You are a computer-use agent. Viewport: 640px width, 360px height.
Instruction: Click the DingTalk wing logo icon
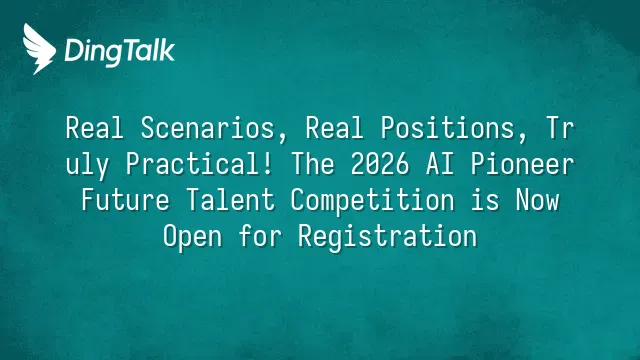(x=39, y=49)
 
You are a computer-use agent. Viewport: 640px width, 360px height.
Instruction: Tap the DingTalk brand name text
(x=120, y=51)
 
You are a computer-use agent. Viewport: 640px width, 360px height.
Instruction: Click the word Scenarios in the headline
(x=208, y=128)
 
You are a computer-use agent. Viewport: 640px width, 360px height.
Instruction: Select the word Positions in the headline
(x=448, y=128)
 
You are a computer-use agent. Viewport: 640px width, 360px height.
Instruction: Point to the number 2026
(x=380, y=164)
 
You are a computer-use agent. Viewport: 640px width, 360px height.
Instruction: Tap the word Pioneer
(x=522, y=164)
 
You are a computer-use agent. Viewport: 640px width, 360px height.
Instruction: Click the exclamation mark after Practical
(x=268, y=164)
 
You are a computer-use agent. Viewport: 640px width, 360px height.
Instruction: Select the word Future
(x=125, y=200)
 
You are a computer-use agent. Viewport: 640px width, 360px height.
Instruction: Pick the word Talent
(x=231, y=200)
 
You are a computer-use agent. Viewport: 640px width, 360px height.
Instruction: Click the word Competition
(x=373, y=201)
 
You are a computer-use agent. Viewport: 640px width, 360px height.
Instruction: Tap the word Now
(x=537, y=200)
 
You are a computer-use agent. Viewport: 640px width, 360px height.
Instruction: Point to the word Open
(x=193, y=237)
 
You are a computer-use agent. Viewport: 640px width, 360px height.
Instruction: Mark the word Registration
(x=388, y=237)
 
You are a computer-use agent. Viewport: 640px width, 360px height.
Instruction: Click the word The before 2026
(x=313, y=164)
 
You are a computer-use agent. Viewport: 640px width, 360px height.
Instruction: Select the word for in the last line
(x=260, y=236)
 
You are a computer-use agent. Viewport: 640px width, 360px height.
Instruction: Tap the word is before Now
(x=485, y=200)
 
